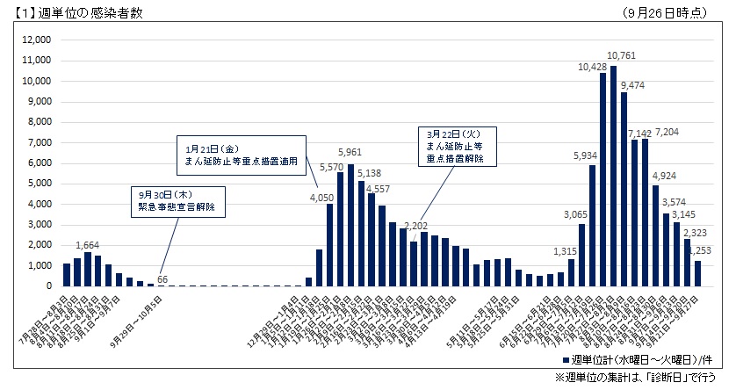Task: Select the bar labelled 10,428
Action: [603, 179]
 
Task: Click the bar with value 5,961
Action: [351, 225]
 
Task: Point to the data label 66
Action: [162, 279]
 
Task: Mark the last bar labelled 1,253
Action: [697, 273]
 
